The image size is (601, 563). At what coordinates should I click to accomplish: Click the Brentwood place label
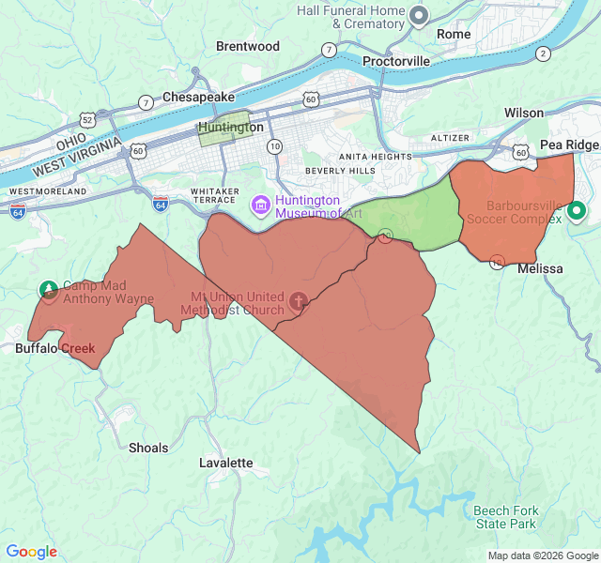click(x=248, y=46)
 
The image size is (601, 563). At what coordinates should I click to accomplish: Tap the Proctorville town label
click(x=396, y=61)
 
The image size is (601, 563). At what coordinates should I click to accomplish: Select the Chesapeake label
click(x=198, y=97)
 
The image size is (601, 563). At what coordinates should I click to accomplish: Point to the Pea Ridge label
click(x=569, y=145)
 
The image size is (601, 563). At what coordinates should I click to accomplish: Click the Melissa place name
click(x=540, y=268)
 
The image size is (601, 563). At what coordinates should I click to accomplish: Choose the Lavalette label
click(x=226, y=463)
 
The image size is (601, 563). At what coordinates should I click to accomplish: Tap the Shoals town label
click(x=148, y=448)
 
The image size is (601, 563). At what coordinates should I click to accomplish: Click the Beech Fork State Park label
click(x=505, y=517)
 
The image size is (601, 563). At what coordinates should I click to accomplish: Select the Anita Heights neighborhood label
click(x=375, y=157)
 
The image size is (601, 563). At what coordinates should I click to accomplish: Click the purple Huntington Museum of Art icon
click(x=260, y=205)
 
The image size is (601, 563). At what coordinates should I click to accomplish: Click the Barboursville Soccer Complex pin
click(x=578, y=212)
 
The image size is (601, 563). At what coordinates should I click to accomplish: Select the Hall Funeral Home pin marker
click(x=420, y=16)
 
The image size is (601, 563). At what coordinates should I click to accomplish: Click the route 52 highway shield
click(x=87, y=120)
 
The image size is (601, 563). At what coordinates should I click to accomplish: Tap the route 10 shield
click(x=274, y=146)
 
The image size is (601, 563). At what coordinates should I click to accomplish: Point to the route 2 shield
click(x=543, y=53)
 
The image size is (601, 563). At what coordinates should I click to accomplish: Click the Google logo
click(x=32, y=552)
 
